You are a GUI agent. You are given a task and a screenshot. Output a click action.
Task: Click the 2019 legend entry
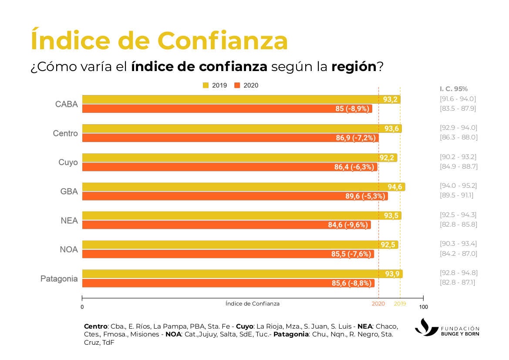[x=215, y=85]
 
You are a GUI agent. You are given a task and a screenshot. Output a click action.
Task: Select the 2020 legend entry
[x=246, y=85]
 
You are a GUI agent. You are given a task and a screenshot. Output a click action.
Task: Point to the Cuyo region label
[x=68, y=163]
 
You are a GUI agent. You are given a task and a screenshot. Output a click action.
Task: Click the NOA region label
[x=69, y=250]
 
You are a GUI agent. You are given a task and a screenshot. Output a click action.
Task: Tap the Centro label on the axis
[x=65, y=133]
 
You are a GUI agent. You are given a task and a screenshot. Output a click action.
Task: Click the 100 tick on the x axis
[x=423, y=307]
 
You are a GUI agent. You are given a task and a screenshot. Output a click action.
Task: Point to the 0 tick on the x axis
[x=82, y=307]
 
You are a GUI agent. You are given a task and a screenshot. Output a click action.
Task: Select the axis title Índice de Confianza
[x=253, y=304]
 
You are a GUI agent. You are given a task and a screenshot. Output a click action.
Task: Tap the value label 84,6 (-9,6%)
[x=348, y=225]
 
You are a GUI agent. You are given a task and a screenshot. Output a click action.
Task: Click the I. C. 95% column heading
[x=454, y=89]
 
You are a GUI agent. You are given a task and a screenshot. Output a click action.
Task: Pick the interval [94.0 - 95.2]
[x=458, y=186]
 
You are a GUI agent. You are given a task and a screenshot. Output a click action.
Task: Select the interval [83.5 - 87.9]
[x=458, y=109]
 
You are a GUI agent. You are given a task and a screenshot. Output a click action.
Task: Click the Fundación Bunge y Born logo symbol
[x=426, y=327]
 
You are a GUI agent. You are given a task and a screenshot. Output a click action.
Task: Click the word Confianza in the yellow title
[x=222, y=41]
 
